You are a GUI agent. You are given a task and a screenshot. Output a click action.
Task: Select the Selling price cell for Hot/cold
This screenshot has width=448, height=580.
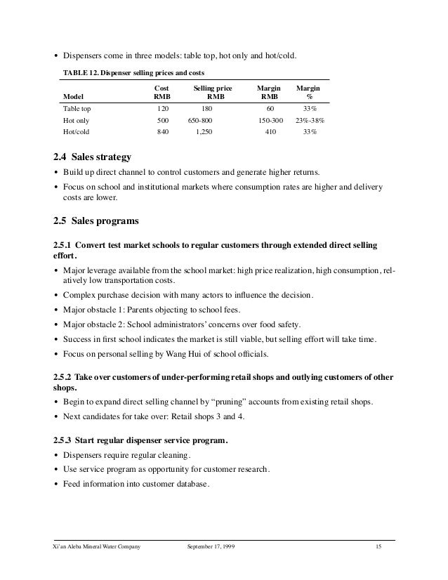(x=206, y=131)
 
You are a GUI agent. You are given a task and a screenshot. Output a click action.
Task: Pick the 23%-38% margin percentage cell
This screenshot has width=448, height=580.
(x=305, y=120)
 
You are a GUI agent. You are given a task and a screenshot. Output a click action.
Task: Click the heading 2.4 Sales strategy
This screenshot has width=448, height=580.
(x=91, y=155)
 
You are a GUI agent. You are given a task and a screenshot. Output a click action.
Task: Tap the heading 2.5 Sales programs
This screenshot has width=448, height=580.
(x=95, y=221)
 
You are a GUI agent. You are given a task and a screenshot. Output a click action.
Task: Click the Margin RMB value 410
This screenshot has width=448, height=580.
(x=268, y=131)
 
